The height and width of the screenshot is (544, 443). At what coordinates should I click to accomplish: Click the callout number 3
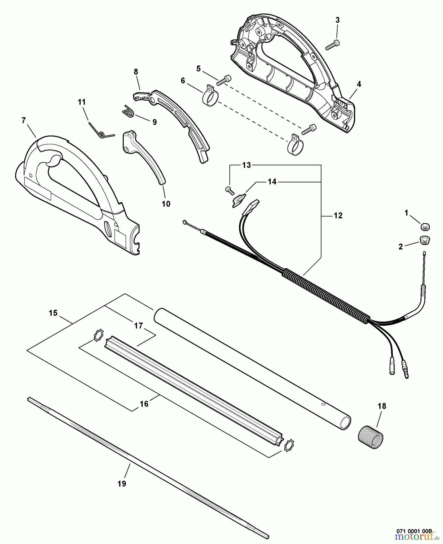click(337, 20)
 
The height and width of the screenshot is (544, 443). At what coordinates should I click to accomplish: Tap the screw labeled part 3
click(332, 45)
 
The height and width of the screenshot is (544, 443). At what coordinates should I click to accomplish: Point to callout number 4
click(359, 84)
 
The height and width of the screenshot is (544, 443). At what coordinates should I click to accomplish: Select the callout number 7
click(24, 120)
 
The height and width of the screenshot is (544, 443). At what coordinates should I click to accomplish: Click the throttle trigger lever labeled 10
click(143, 157)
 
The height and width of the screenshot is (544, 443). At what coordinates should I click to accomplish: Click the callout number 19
click(122, 484)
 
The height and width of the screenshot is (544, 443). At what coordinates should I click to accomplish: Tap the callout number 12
click(338, 215)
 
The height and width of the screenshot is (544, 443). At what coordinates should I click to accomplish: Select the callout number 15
click(53, 313)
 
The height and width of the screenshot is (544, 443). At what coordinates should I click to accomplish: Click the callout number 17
click(138, 326)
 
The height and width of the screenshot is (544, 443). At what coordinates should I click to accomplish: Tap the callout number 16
click(144, 404)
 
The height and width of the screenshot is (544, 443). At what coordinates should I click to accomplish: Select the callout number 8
click(136, 72)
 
